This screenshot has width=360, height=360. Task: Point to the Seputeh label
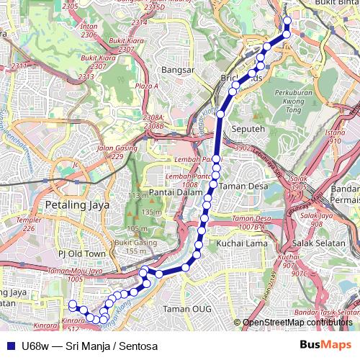pos(248,129)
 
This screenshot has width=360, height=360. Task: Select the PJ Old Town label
pos(81,253)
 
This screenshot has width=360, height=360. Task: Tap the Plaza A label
pos(146,86)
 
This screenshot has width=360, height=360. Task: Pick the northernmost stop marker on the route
pos(287,21)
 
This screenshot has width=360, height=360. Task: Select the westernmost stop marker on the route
pos(72,304)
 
